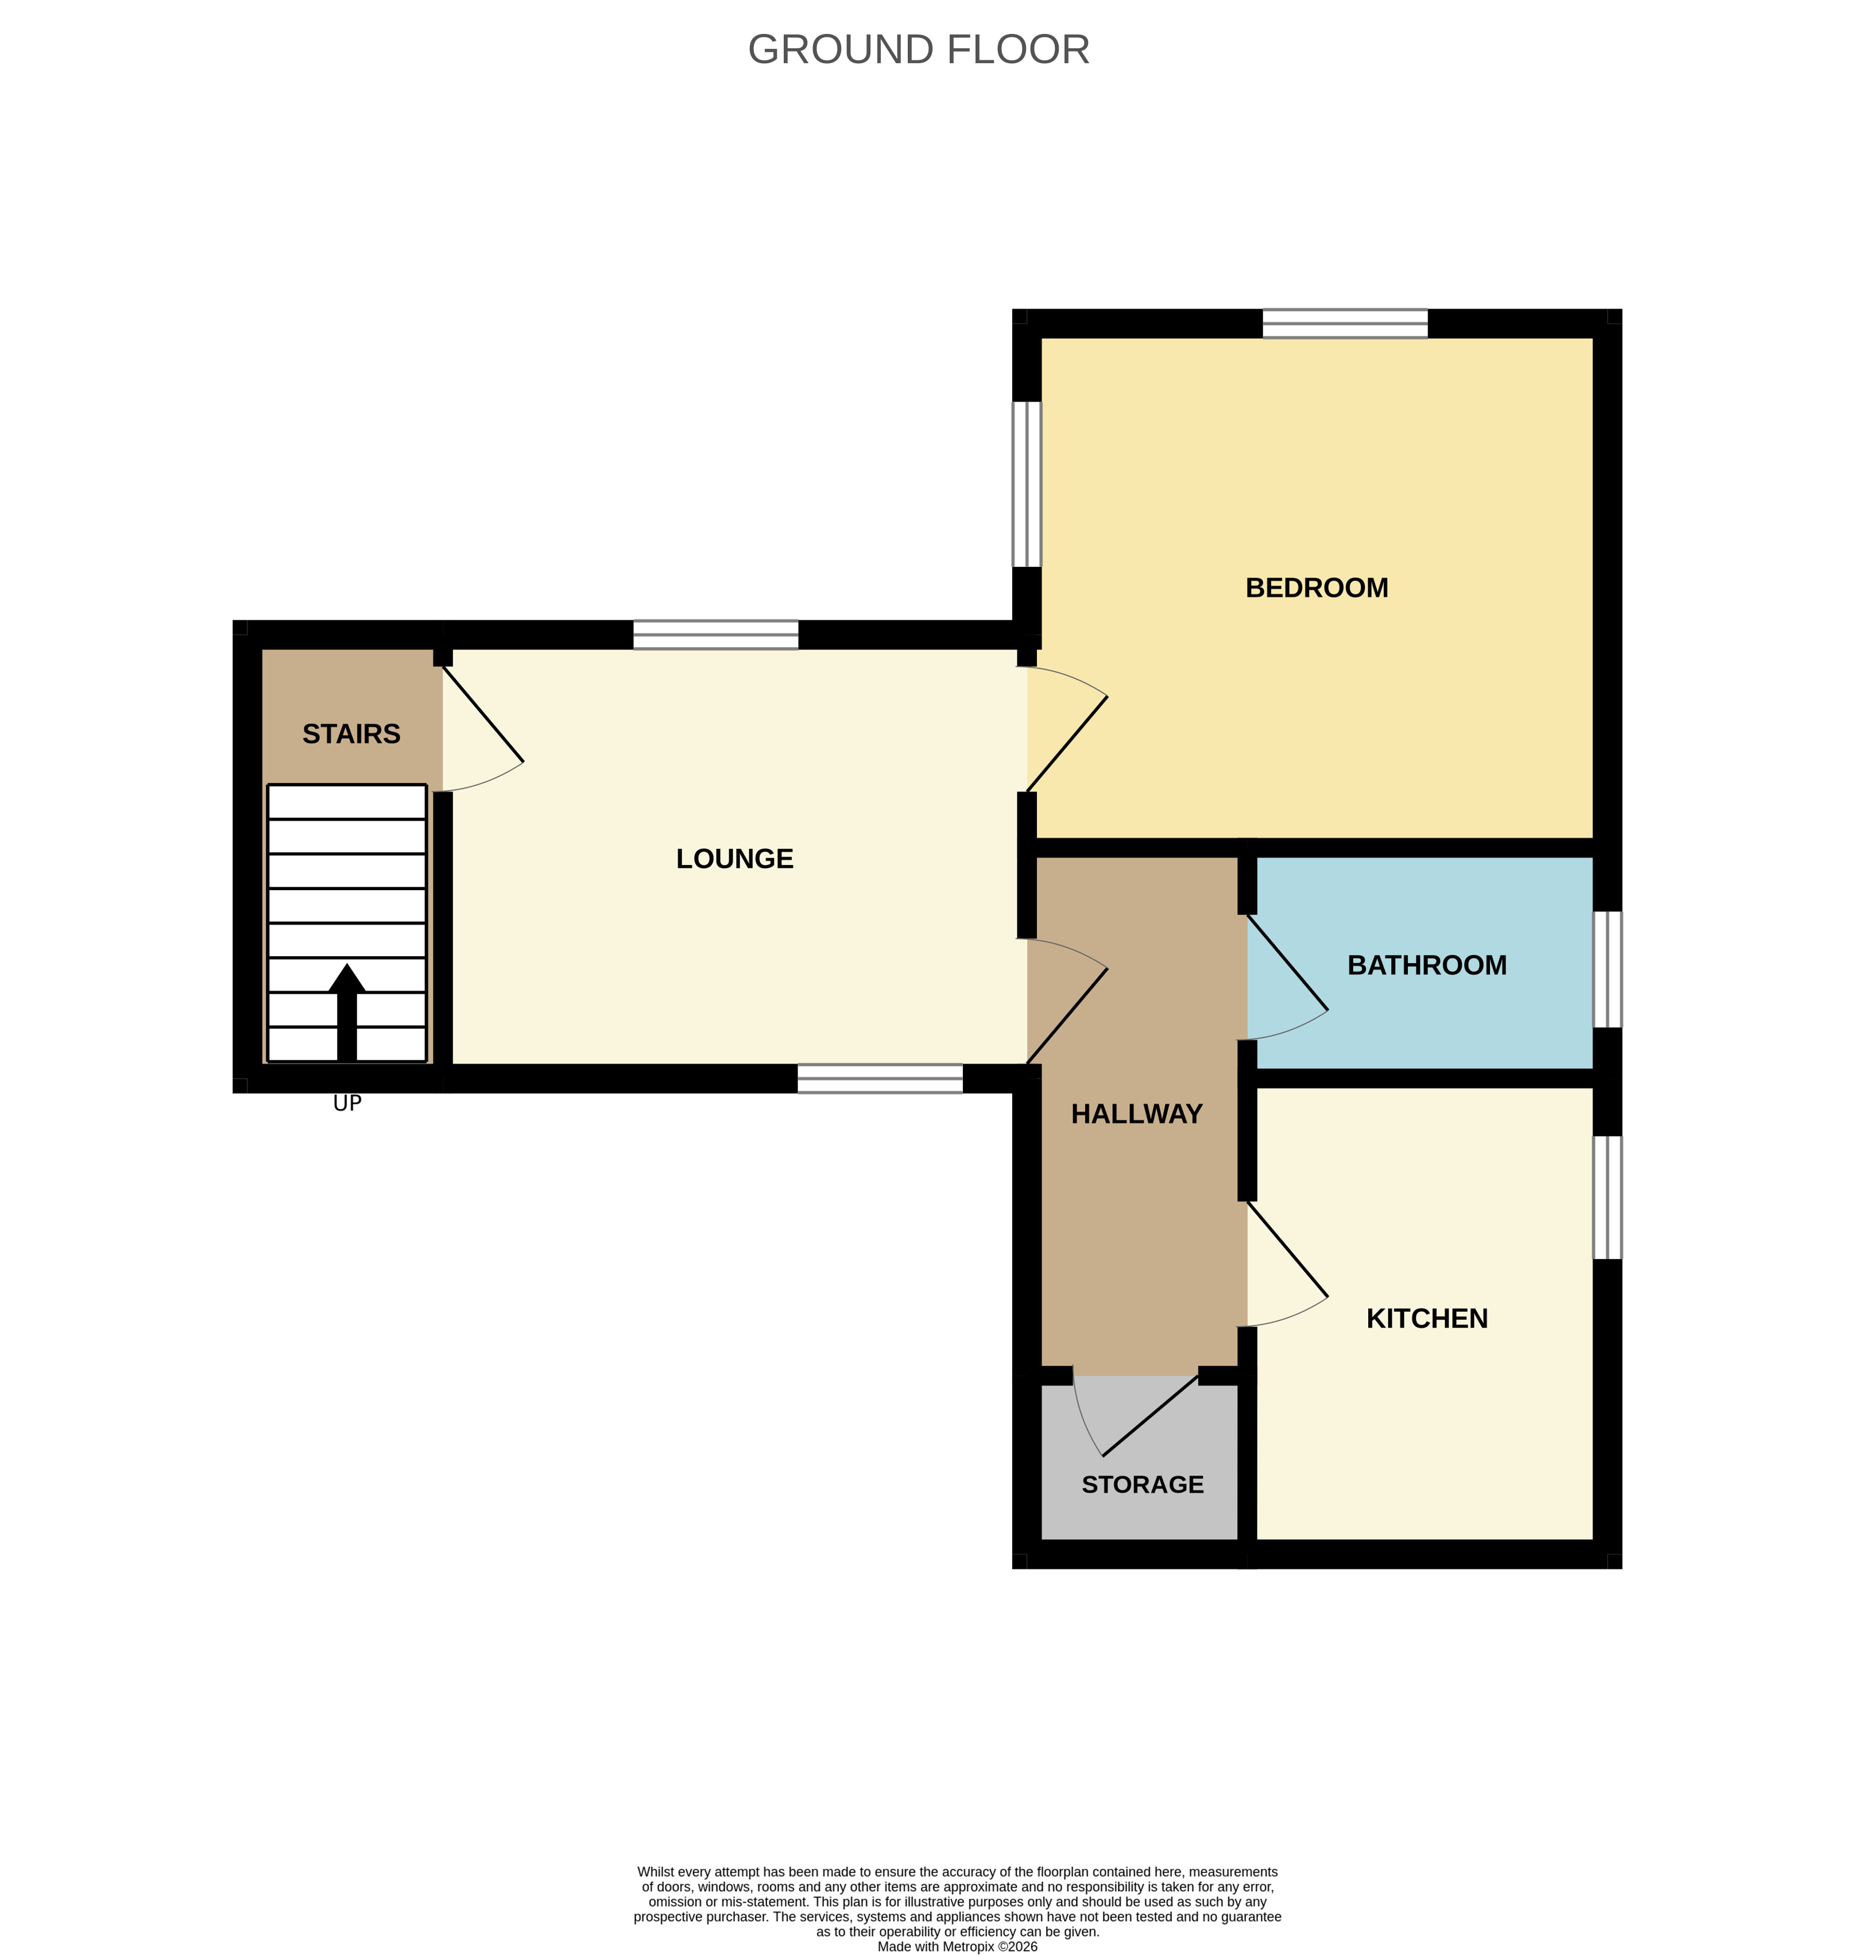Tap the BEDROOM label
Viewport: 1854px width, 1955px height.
point(1317,588)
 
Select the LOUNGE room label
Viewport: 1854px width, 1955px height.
point(734,859)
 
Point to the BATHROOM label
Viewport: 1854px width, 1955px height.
point(1426,965)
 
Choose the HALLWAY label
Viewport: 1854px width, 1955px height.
point(1136,1114)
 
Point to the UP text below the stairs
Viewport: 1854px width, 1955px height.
point(347,1103)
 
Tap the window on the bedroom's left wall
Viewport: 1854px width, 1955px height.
point(1027,484)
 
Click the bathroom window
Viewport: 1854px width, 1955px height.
point(1607,969)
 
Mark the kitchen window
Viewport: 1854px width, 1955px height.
point(1607,1197)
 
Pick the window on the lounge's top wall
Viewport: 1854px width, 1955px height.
point(715,635)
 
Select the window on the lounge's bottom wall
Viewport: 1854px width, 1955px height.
point(880,1079)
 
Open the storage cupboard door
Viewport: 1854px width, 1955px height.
point(1136,1413)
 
